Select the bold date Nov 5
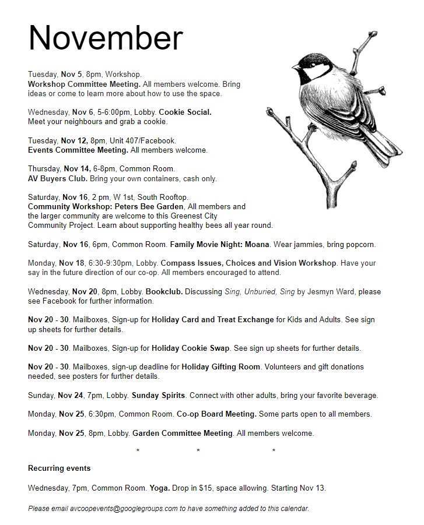point(72,75)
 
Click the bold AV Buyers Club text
point(57,178)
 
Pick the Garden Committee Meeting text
point(183,433)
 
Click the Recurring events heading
point(59,468)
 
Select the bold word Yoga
point(159,488)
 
